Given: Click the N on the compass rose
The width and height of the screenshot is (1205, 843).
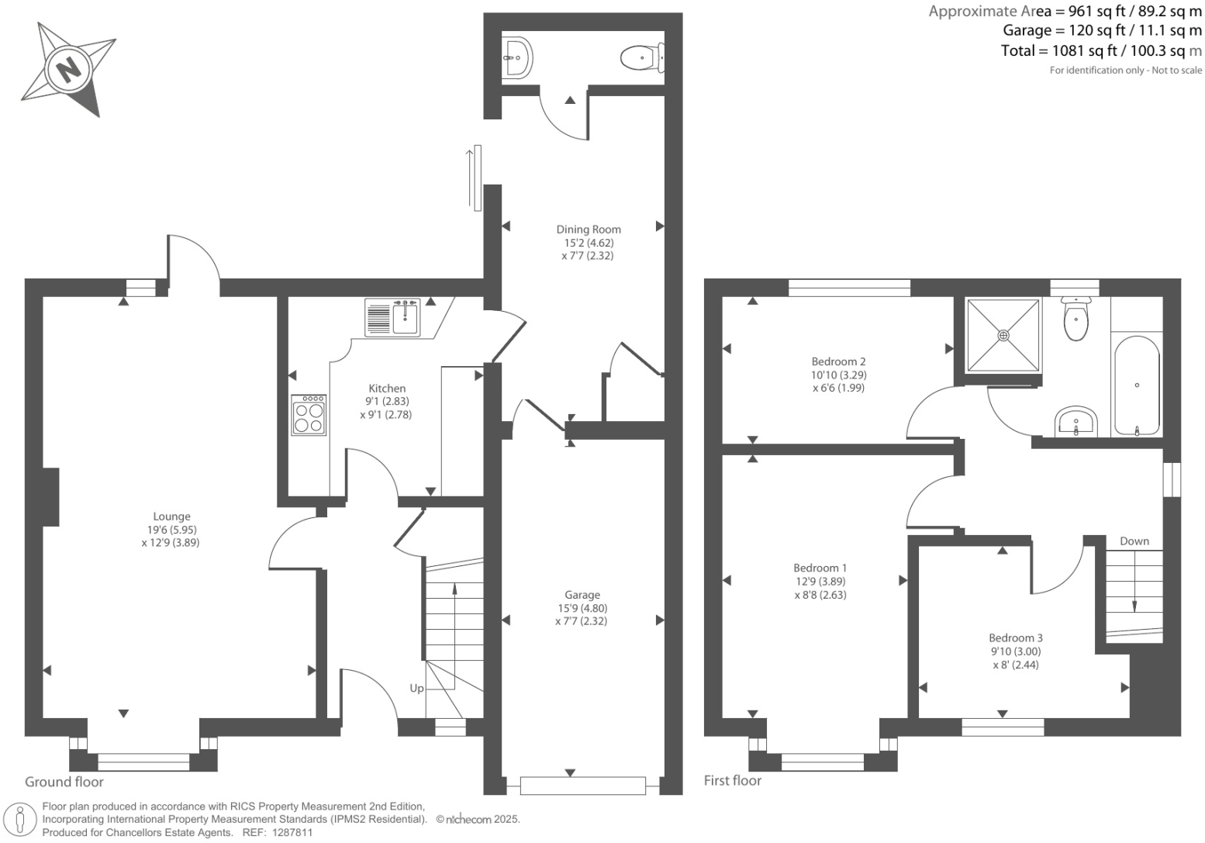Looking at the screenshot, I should pos(69,69).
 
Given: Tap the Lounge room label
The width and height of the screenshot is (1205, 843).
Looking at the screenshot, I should pos(171,517).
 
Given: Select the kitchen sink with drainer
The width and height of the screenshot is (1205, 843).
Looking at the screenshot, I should pos(392,317).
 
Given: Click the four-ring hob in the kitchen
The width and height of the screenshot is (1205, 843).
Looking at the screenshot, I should pos(309,416).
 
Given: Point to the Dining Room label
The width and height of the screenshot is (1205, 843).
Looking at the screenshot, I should pos(589,230).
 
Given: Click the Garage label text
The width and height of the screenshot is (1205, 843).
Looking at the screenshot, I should pos(582,596).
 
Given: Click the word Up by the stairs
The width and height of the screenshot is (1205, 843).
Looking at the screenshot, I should pos(416,689).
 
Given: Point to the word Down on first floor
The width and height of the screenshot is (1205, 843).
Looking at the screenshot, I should pos(1134,541).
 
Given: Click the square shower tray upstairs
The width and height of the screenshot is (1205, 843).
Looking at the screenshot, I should pos(1003,335).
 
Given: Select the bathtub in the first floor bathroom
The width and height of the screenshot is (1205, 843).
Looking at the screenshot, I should pos(1136,385).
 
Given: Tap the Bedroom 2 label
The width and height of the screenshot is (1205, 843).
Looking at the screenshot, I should pos(838,361).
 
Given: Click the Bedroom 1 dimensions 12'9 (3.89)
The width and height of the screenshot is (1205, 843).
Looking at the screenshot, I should pos(820,582).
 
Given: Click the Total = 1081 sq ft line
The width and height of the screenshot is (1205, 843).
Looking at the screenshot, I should pos(1100,51).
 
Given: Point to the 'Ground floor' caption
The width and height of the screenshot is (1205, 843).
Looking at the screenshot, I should pos(64,782).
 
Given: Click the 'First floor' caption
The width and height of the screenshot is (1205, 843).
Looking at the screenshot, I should pos(732,781).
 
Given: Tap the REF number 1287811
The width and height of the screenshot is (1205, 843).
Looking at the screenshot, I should pos(289,832).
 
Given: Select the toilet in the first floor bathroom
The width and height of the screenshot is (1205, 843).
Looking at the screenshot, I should pos(1076,319).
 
